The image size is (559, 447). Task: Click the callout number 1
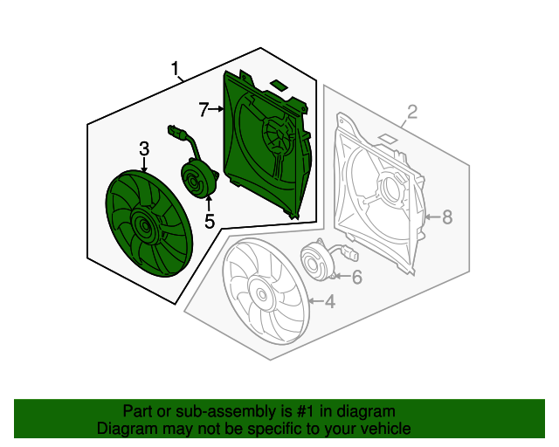pos(176,68)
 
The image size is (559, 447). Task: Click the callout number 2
pos(412,111)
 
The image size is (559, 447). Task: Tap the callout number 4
pos(329,302)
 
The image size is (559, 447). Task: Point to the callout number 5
pos(210,222)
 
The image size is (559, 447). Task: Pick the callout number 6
pos(356,278)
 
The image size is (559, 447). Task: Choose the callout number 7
pos(204,109)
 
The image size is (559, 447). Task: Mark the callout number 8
pos(447,217)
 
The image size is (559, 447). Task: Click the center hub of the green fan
pos(142,230)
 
